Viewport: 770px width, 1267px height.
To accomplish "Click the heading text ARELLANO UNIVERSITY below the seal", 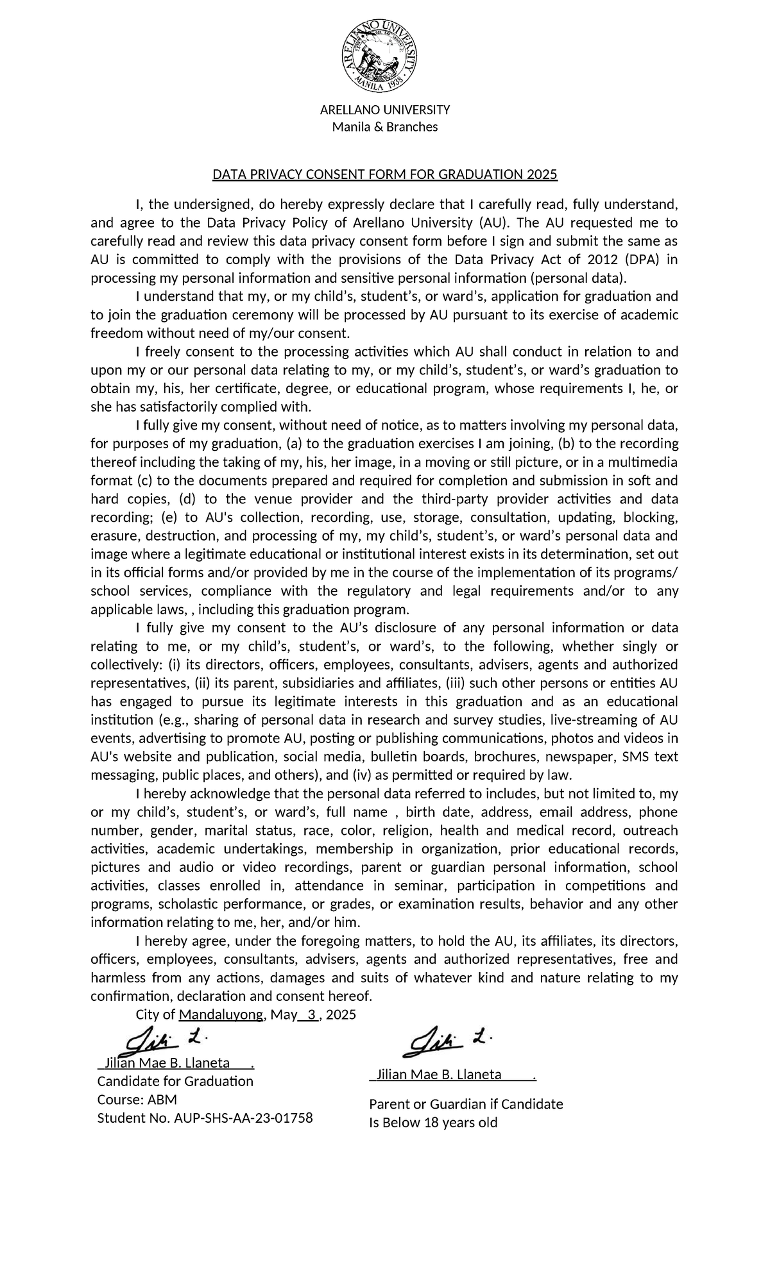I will coord(384,109).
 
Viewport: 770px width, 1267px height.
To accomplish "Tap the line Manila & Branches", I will coord(384,127).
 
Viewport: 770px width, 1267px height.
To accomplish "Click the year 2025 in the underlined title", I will coord(542,174).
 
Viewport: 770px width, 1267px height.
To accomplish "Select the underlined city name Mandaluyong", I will coord(221,1015).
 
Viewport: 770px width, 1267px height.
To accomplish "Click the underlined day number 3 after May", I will coord(312,1015).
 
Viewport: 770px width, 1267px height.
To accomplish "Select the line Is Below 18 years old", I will coord(433,1123).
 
